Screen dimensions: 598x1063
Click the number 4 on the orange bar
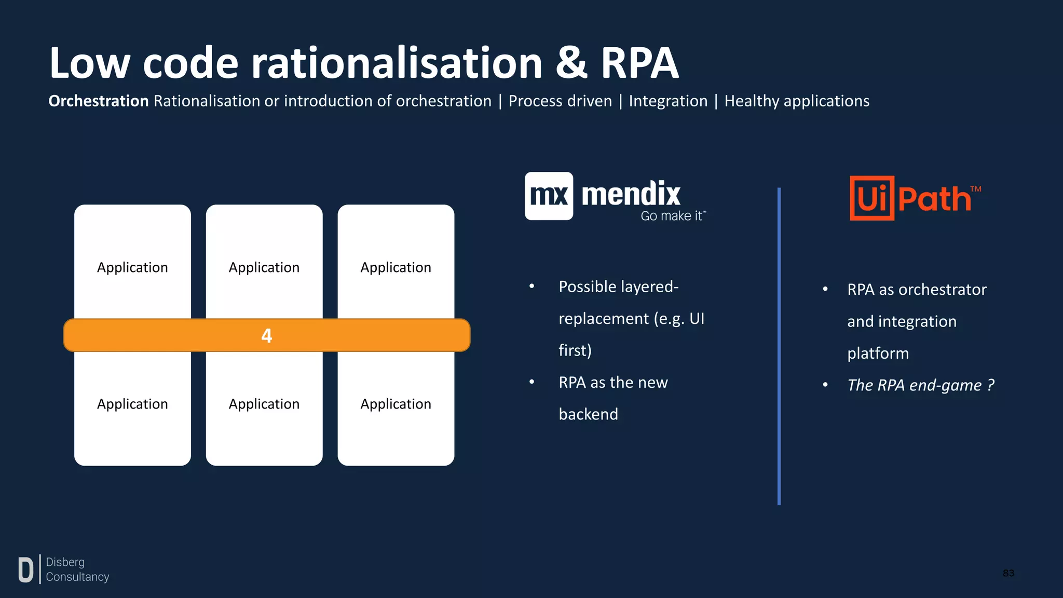266,336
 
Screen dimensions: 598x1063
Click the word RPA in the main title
639,63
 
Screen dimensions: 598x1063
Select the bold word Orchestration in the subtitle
99,101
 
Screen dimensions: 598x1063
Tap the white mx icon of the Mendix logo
549,196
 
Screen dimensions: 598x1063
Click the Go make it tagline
673,216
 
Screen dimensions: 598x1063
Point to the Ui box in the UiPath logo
871,198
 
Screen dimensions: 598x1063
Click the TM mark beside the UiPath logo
976,189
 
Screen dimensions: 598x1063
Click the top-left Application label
132,267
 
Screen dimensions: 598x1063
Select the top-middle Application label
264,267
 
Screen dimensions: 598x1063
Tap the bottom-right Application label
396,404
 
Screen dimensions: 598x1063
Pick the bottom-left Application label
132,404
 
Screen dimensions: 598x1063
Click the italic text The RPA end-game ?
920,385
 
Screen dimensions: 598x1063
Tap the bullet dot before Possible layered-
531,287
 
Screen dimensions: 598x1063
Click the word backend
588,414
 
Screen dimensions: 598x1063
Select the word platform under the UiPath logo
878,354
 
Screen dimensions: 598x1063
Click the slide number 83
1008,573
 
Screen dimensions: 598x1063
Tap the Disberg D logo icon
25,569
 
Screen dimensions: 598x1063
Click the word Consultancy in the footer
77,577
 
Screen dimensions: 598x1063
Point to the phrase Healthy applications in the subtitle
797,101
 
